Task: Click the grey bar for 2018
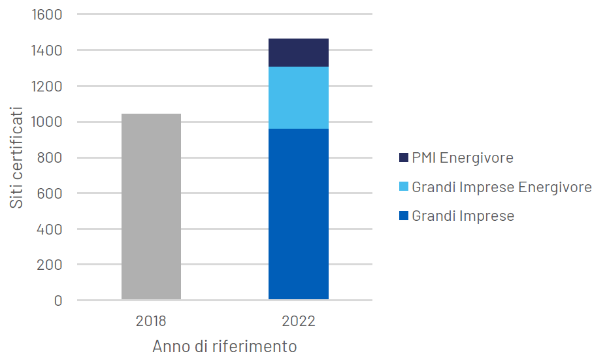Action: (151, 207)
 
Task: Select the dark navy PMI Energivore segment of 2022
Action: (299, 53)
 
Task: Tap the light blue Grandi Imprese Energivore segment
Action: (299, 98)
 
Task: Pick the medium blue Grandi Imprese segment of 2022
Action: (299, 214)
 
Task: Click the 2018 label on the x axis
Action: (151, 321)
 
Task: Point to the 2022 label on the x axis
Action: (299, 321)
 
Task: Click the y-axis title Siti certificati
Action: (17, 157)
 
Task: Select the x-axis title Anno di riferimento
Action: (225, 346)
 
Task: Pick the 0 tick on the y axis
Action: (57, 301)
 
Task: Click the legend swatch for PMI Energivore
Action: (403, 158)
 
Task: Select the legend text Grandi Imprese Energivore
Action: (501, 188)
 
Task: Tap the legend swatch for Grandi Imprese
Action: (403, 216)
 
